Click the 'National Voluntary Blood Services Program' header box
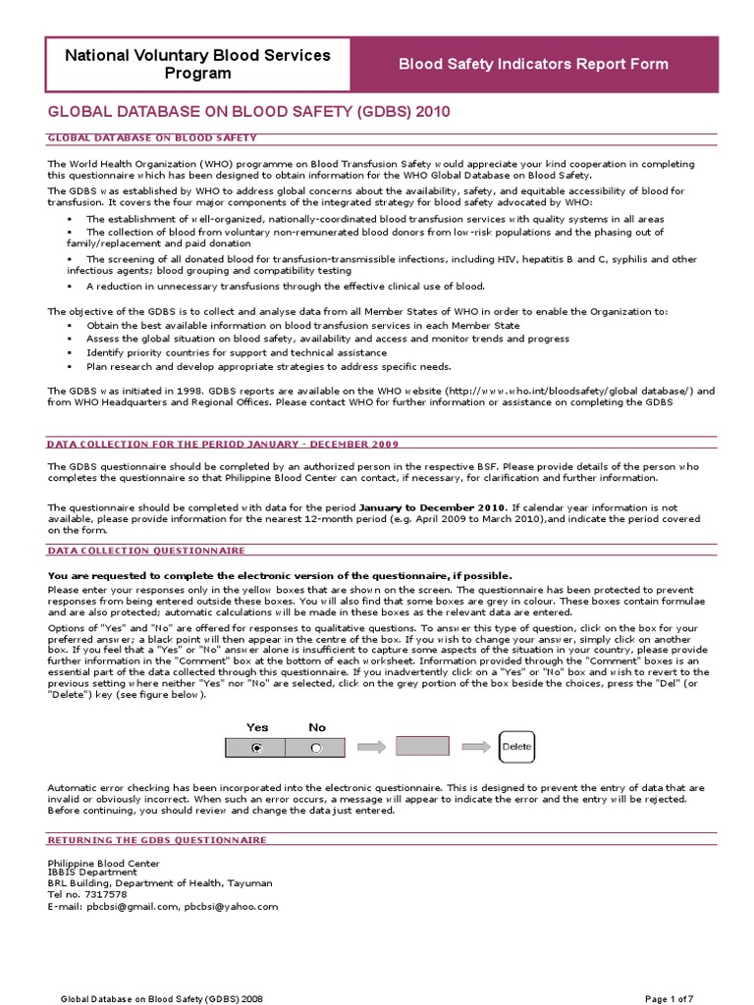(x=197, y=64)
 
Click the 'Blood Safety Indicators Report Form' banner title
(x=533, y=65)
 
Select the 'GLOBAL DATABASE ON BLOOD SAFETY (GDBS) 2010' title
(x=248, y=113)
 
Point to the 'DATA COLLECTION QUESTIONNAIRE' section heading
(x=146, y=552)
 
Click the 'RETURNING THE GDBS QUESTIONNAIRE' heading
(x=157, y=840)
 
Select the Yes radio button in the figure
(x=256, y=748)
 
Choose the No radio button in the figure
(x=315, y=748)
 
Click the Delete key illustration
(x=516, y=747)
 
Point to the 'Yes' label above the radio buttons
(x=257, y=727)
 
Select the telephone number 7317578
(x=106, y=894)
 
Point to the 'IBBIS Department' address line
(x=92, y=872)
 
